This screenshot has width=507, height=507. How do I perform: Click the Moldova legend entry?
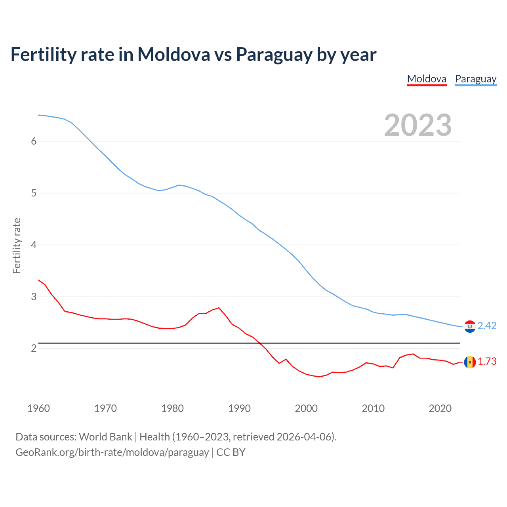click(427, 79)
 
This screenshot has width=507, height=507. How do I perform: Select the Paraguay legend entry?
click(475, 79)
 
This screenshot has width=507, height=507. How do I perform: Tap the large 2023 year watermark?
click(417, 125)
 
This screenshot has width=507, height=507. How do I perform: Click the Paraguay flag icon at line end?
click(470, 326)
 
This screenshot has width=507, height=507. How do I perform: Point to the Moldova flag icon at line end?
click(470, 362)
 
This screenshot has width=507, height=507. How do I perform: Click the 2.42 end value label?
click(487, 326)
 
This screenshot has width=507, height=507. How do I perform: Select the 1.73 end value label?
click(487, 362)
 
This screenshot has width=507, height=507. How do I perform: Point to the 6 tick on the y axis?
click(34, 141)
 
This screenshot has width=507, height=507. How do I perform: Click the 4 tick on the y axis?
click(34, 245)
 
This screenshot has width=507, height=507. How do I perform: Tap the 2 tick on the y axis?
click(34, 348)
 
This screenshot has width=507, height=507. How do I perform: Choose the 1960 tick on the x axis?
click(38, 408)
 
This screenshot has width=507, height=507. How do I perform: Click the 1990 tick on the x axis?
click(239, 408)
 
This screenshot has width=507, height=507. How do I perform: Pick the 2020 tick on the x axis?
click(440, 408)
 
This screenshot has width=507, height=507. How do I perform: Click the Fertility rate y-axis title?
click(17, 246)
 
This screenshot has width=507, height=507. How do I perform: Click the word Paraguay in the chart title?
click(273, 55)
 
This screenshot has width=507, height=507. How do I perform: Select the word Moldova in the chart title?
click(173, 54)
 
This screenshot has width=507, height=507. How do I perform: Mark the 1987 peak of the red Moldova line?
click(219, 308)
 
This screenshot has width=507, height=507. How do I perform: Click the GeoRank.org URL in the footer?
click(112, 452)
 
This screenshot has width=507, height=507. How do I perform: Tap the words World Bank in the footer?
click(105, 437)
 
